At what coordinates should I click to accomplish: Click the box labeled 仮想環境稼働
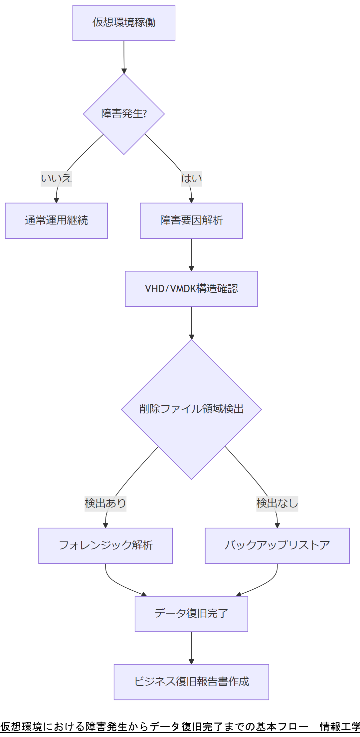pos(124,23)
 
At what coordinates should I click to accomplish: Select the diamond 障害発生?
pos(124,114)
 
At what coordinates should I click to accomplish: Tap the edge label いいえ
pos(56,179)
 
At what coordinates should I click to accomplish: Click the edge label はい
pos(191,179)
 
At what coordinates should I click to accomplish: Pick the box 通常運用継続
pos(56,221)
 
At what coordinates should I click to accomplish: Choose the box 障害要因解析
pos(191,221)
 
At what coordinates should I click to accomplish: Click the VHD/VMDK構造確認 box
pos(191,289)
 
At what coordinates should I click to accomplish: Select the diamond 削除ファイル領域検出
pos(191,409)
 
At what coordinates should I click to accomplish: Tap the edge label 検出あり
pos(105,503)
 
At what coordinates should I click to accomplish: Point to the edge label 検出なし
pos(277,503)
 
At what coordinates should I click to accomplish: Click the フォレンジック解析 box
pos(105,545)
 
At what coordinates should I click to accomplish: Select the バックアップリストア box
pos(277,545)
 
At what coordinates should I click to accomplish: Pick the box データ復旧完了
pos(191,614)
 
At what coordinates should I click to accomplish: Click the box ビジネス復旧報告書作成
pos(191,682)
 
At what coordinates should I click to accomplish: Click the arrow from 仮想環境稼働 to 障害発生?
pos(124,57)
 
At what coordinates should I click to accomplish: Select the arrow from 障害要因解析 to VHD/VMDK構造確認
pos(191,254)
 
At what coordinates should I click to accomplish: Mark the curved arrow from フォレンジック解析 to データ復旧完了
pos(116,584)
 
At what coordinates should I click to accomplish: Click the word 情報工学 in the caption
pos(339,726)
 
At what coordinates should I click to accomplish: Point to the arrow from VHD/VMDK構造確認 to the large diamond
pos(191,323)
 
